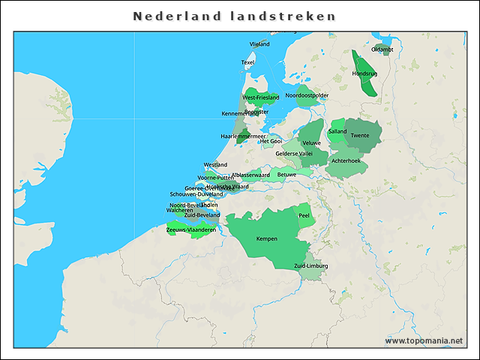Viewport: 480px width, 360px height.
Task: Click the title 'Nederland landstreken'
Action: tap(234, 16)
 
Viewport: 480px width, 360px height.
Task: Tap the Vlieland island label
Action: tap(259, 44)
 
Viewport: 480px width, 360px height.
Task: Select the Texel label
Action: tap(248, 62)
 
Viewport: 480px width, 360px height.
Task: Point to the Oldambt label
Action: tap(382, 49)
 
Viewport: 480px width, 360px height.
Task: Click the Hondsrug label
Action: tap(364, 73)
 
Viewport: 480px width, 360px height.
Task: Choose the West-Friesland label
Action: tap(260, 97)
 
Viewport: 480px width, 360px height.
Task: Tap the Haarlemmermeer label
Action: tap(239, 136)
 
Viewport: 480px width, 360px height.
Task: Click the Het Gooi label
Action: tap(271, 141)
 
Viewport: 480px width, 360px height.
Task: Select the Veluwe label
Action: tap(311, 142)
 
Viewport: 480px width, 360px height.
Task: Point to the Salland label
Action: tap(337, 131)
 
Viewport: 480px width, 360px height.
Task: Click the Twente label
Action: tap(360, 136)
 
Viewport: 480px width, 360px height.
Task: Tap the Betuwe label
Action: tap(286, 174)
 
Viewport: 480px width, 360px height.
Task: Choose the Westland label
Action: tap(215, 165)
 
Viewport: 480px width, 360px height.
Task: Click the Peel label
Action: tap(304, 215)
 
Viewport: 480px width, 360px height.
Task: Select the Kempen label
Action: tap(267, 238)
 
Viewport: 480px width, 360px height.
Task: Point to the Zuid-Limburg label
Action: tap(311, 265)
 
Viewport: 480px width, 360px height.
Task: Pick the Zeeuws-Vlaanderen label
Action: tap(191, 230)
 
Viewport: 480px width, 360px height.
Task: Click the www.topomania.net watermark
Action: tap(424, 340)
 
